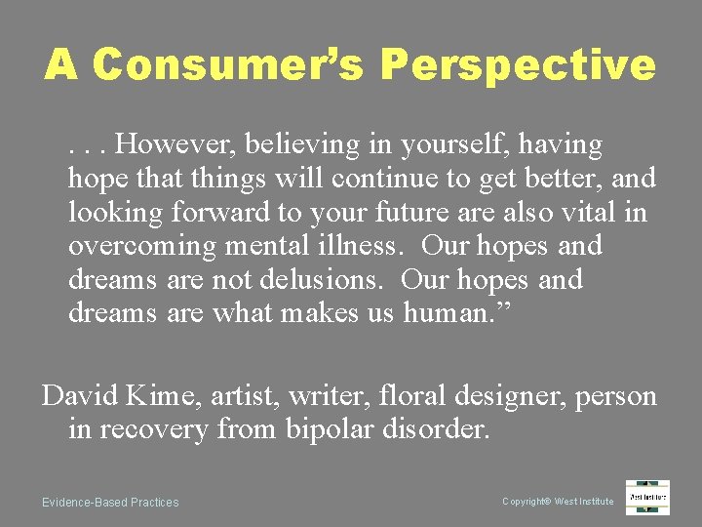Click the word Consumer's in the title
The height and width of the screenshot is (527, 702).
coord(230,64)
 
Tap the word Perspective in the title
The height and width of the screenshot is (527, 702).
coord(518,64)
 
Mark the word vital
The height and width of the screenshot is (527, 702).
coord(591,213)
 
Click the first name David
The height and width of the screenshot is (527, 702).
coord(79,396)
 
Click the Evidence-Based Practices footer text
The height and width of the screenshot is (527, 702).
coord(110,503)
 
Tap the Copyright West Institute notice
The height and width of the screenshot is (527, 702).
coord(558,502)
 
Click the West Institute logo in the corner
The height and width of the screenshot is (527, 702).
coord(647,497)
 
